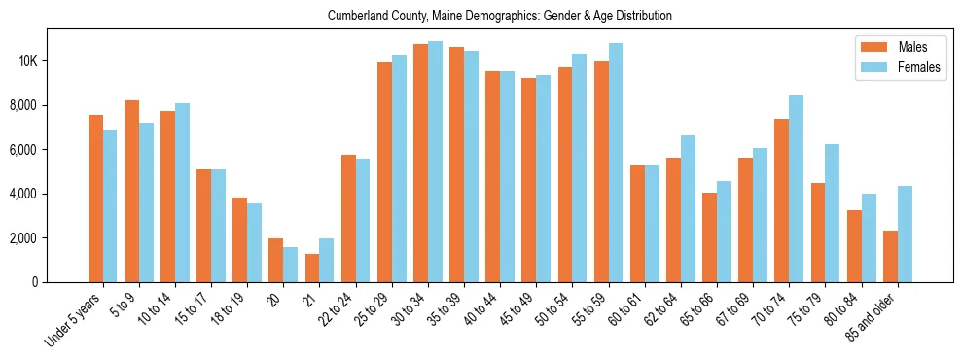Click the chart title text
point(500,17)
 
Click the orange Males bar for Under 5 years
point(95,198)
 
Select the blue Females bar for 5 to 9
point(146,202)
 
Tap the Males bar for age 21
point(312,268)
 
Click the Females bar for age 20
point(291,265)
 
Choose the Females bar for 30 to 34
point(435,162)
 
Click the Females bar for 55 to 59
point(616,162)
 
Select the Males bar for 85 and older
point(890,256)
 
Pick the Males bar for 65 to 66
point(709,237)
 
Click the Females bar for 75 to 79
point(832,213)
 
